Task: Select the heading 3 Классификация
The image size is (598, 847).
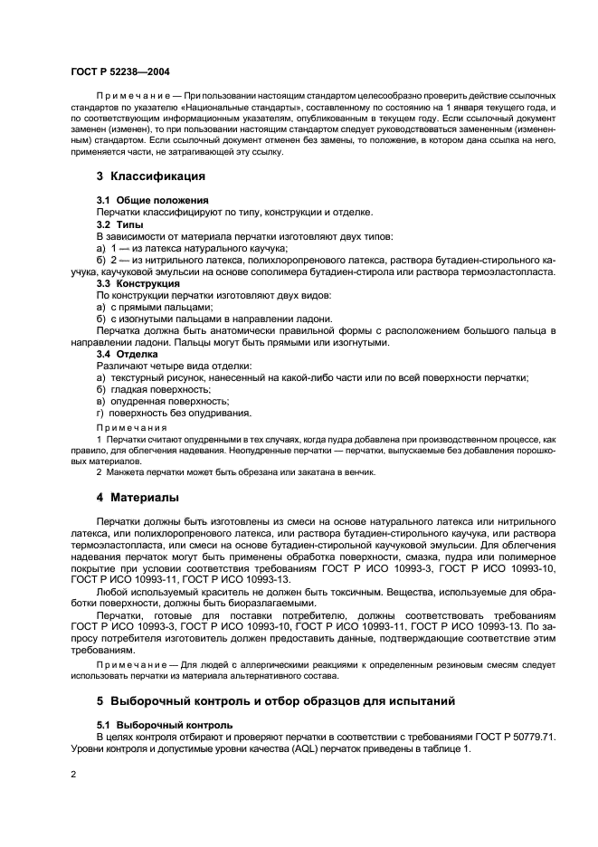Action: pos(151,176)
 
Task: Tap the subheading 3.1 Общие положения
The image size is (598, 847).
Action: pos(153,200)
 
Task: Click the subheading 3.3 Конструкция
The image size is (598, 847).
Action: pos(138,283)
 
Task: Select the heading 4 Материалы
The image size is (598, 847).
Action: pos(138,498)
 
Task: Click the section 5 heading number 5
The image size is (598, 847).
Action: pos(100,701)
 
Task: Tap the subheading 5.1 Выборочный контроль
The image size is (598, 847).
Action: pos(165,725)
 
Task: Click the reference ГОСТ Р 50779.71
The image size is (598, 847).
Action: pos(515,737)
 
